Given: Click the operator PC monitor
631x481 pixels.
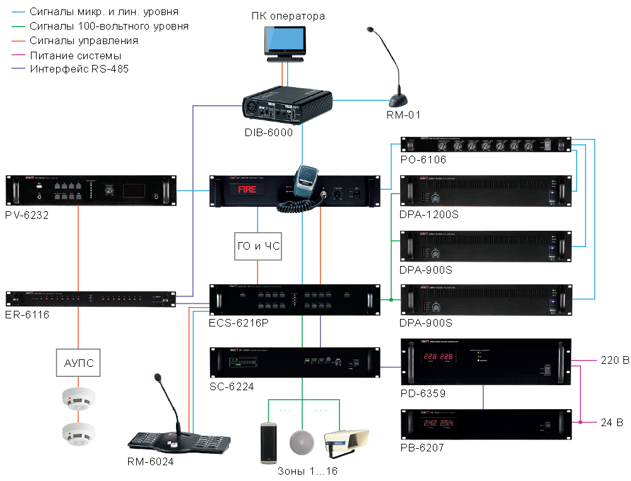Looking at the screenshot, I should tap(286, 42).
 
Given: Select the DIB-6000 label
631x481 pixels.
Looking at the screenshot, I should tap(268, 133).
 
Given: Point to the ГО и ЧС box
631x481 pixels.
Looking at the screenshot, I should tap(257, 246).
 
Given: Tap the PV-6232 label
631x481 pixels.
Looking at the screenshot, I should tap(27, 216).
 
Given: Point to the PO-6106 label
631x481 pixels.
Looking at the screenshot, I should tap(423, 159).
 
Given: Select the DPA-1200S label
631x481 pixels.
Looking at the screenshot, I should tap(428, 215).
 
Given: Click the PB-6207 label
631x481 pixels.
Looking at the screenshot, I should tap(423, 448).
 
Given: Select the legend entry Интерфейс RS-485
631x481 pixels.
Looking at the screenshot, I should tap(79, 69).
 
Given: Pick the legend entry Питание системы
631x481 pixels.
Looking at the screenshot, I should tap(75, 55).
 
